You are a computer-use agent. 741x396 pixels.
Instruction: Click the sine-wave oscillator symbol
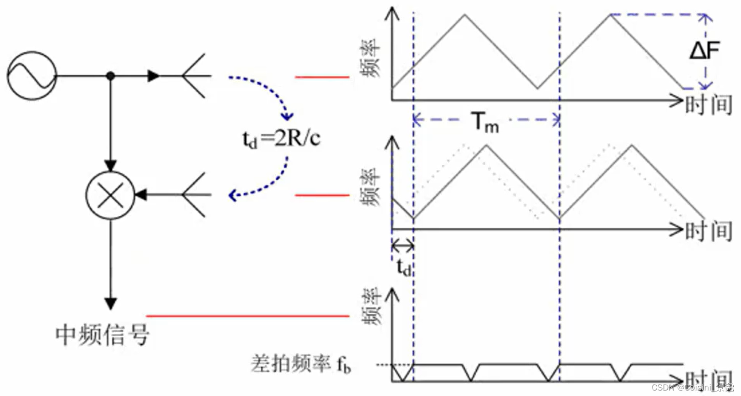pyautogui.click(x=31, y=75)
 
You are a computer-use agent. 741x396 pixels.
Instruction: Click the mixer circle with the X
pyautogui.click(x=110, y=195)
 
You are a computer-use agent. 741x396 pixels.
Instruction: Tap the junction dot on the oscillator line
pyautogui.click(x=110, y=76)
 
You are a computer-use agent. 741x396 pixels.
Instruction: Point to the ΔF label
pyautogui.click(x=705, y=51)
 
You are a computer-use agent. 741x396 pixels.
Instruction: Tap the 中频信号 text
pyautogui.click(x=103, y=335)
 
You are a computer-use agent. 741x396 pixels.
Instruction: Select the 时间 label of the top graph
pyautogui.click(x=709, y=104)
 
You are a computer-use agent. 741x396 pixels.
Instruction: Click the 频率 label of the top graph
pyautogui.click(x=370, y=58)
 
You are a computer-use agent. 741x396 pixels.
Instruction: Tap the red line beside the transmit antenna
pyautogui.click(x=322, y=77)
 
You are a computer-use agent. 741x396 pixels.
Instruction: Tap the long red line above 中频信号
pyautogui.click(x=247, y=316)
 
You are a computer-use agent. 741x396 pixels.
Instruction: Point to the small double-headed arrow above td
pyautogui.click(x=402, y=246)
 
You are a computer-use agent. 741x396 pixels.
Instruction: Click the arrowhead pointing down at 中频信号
pyautogui.click(x=110, y=303)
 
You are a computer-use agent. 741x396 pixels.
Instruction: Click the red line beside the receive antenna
pyautogui.click(x=322, y=195)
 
